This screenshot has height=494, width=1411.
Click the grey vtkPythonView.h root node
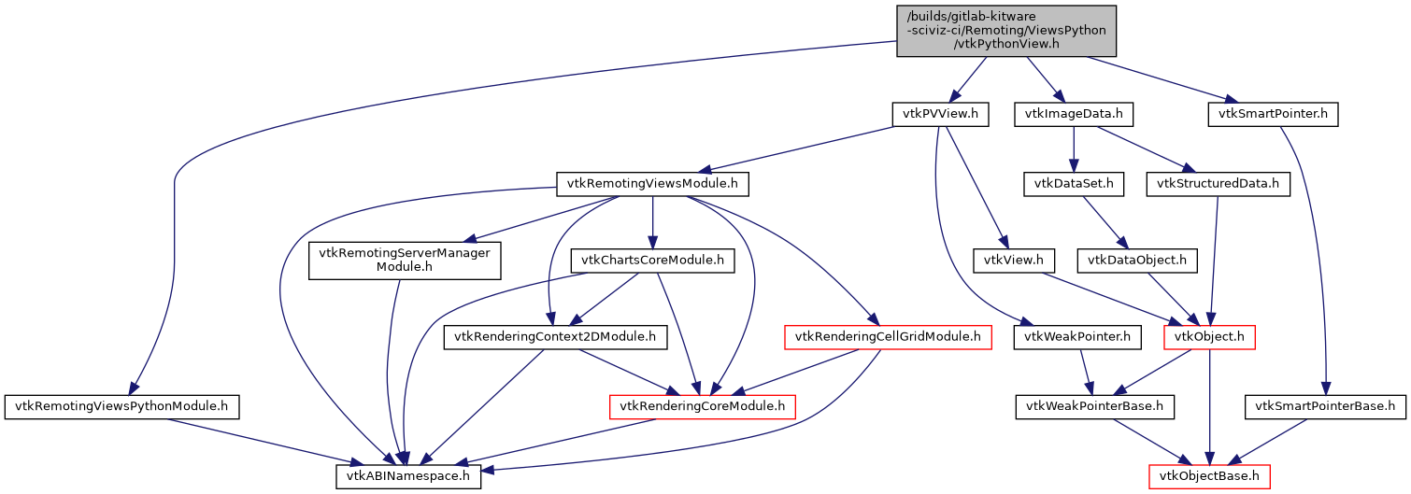1006,31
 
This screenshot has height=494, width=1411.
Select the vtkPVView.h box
939,115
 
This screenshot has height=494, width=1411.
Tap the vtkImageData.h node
1074,115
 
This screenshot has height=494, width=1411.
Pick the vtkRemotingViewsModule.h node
652,184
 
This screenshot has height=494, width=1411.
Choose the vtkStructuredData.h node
1218,184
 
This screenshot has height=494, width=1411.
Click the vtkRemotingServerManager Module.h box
405,260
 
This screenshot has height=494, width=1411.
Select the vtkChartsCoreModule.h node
652,260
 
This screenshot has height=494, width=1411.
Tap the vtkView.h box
1014,260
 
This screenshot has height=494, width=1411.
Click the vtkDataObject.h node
1137,260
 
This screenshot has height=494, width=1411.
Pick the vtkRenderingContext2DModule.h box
555,336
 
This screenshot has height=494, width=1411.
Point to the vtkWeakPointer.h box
1077,336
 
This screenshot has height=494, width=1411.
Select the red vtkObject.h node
1208,336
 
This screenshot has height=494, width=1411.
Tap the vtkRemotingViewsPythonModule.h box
122,406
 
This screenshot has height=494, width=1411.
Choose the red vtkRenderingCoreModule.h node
702,406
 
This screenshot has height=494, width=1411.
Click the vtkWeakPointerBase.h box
1094,406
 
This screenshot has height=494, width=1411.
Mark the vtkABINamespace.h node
408,476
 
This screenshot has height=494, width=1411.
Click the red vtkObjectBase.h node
1209,476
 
